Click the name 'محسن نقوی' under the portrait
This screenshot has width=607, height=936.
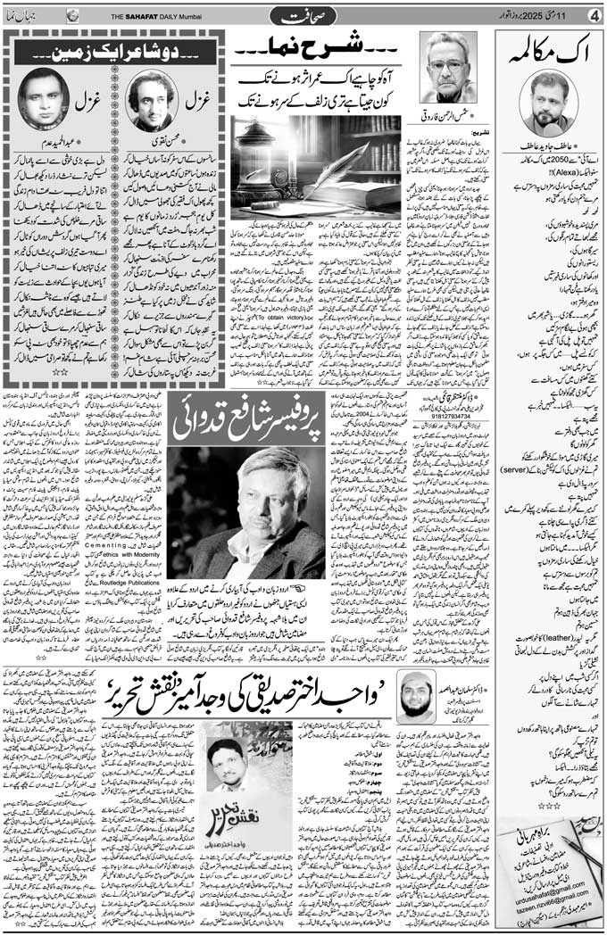(x=154, y=139)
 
